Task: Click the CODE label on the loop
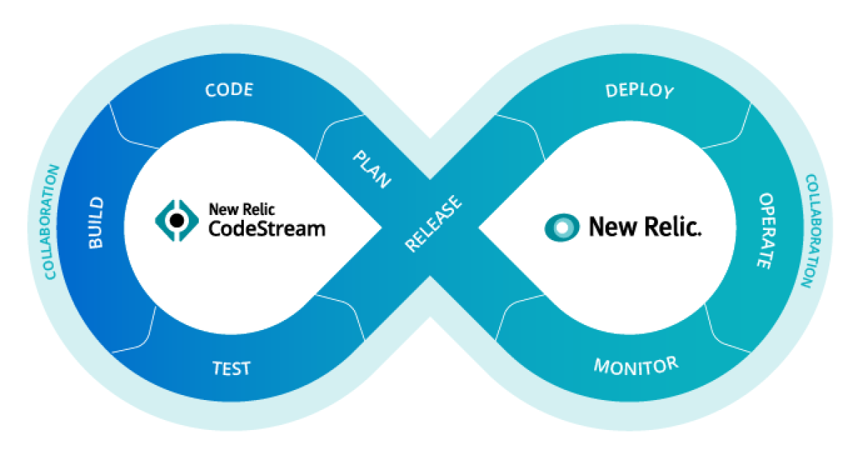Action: tap(229, 90)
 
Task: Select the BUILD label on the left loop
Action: tap(96, 223)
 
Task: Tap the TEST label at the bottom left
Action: tap(232, 369)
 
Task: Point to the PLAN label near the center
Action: tap(373, 169)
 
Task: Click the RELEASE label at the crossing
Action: tap(433, 224)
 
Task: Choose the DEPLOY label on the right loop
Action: tap(639, 91)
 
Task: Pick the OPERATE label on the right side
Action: tap(764, 230)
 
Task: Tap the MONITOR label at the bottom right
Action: tap(636, 366)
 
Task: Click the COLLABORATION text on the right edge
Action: tap(808, 230)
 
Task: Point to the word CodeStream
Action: tap(267, 229)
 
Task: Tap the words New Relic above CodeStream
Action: tap(242, 209)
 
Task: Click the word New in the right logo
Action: tap(608, 227)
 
